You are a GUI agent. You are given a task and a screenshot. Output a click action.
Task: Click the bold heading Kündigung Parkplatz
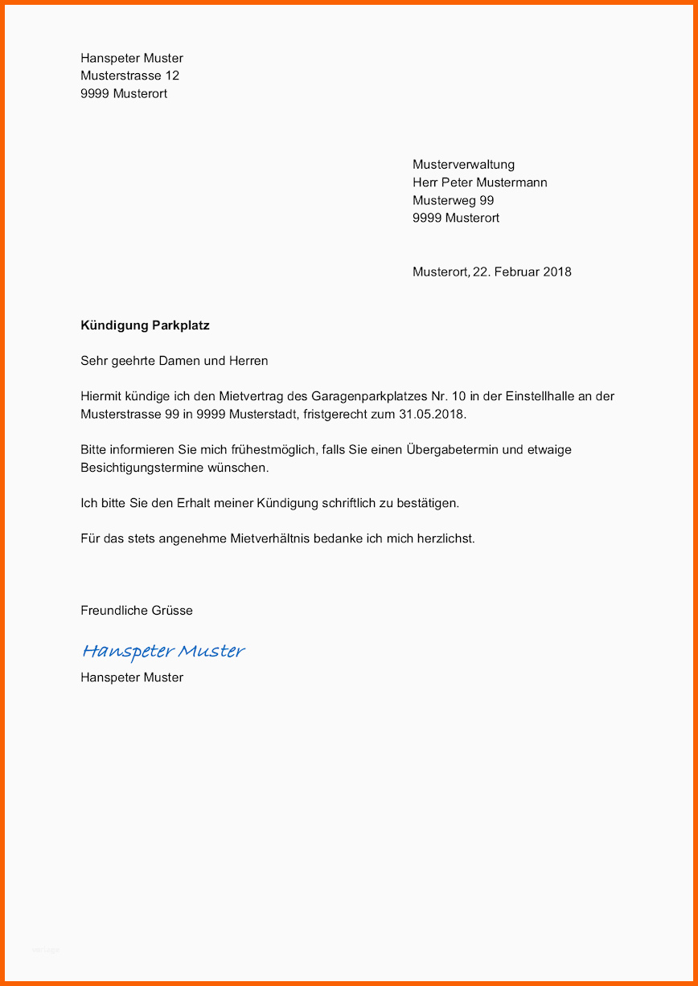click(x=145, y=325)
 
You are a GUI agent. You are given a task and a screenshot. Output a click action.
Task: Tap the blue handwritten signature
click(x=163, y=651)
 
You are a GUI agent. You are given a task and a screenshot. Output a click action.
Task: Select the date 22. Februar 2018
click(x=522, y=272)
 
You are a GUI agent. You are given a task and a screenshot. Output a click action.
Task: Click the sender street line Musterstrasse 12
click(x=129, y=76)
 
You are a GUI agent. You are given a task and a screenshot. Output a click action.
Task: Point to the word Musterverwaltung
click(x=463, y=165)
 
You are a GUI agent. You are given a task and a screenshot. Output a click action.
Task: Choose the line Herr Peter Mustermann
click(x=479, y=182)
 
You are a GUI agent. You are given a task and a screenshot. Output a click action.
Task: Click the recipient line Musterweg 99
click(x=453, y=200)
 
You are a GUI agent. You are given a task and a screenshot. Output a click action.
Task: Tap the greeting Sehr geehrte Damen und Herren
click(x=174, y=361)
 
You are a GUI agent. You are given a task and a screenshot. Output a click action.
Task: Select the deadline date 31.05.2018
click(x=432, y=415)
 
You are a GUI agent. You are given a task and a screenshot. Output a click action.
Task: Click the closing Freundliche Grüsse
click(x=137, y=611)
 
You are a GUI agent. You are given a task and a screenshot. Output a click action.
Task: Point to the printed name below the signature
click(x=132, y=677)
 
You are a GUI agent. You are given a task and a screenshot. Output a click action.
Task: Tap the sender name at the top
click(x=132, y=58)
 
